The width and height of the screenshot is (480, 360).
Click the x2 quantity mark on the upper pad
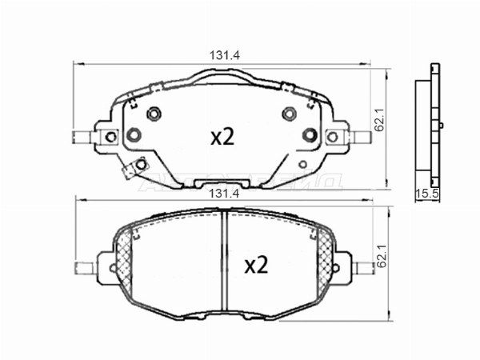point(222,137)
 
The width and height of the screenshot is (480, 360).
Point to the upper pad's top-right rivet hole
point(287,112)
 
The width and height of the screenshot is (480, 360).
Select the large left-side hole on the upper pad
point(134,134)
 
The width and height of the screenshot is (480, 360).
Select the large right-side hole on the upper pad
point(309,134)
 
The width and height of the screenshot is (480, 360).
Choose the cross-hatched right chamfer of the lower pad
point(324,257)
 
